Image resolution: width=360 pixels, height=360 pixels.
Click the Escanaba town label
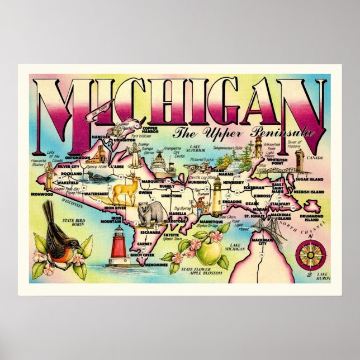click(151, 231)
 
